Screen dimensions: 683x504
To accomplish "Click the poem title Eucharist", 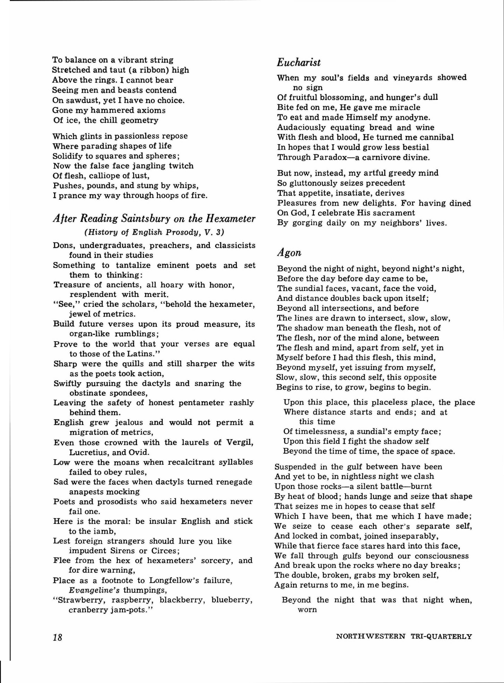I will [x=299, y=63].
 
